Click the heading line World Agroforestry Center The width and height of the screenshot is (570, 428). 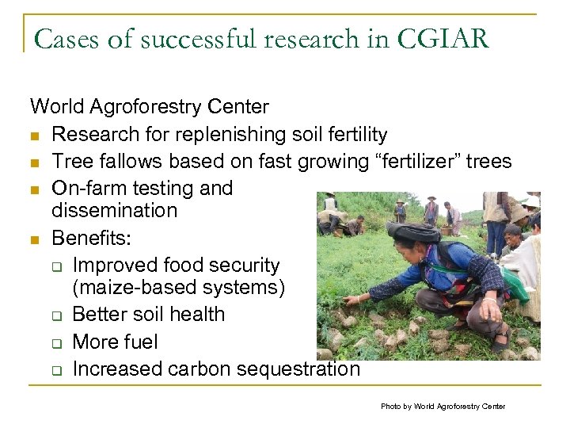(x=149, y=106)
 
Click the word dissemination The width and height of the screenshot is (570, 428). (x=114, y=211)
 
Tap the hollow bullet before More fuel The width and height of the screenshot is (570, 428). (x=57, y=343)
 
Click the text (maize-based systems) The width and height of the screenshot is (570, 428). (x=178, y=288)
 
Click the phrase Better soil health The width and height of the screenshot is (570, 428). (x=148, y=315)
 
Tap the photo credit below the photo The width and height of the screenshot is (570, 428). (x=443, y=406)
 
